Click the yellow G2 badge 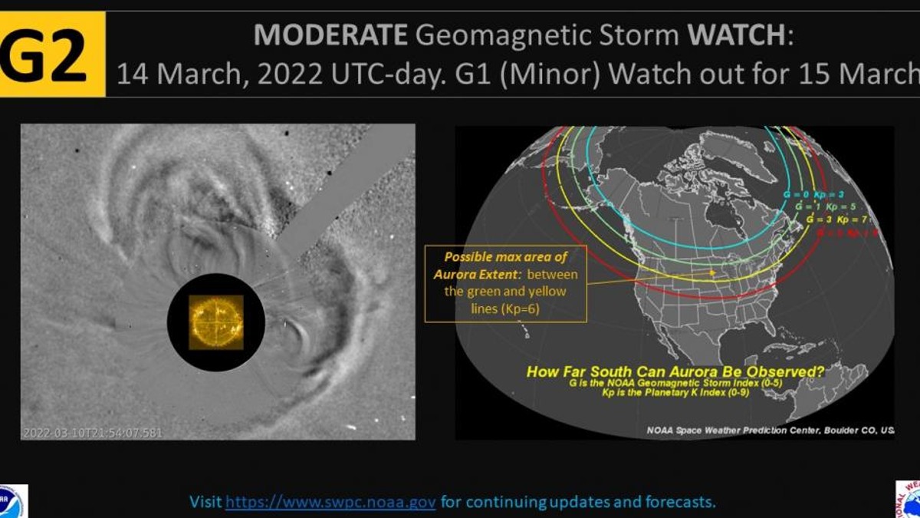click(51, 54)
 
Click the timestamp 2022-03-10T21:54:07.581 click(93, 432)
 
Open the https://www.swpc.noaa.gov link click(331, 503)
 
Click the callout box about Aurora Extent click(506, 283)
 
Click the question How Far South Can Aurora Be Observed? click(675, 372)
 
